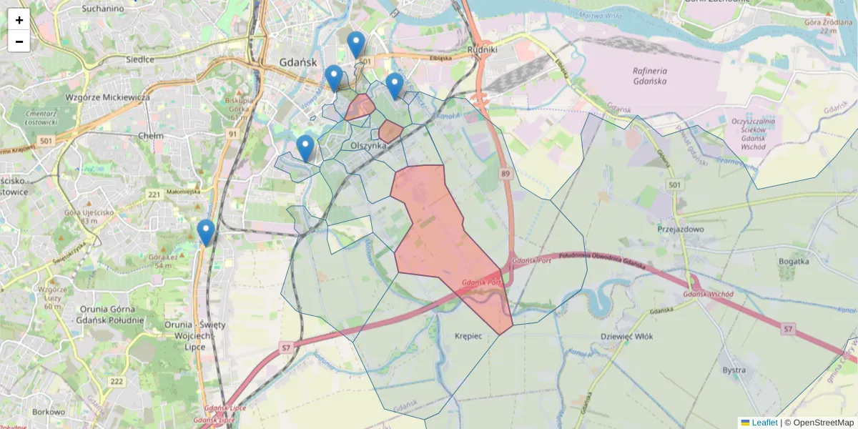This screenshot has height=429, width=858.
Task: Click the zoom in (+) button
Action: pos(19,20)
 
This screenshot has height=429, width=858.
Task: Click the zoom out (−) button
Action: pos(19,41)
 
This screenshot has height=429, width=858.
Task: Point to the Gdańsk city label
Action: pos(298,62)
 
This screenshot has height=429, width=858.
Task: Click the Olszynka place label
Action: pos(368,145)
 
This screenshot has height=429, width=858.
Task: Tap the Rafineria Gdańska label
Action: pos(649,76)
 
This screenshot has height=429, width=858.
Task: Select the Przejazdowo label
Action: pos(681,230)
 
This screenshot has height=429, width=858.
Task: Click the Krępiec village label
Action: pos(468,335)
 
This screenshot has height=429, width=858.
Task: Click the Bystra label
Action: pos(734,370)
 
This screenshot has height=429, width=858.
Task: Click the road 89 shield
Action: pos(506,174)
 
